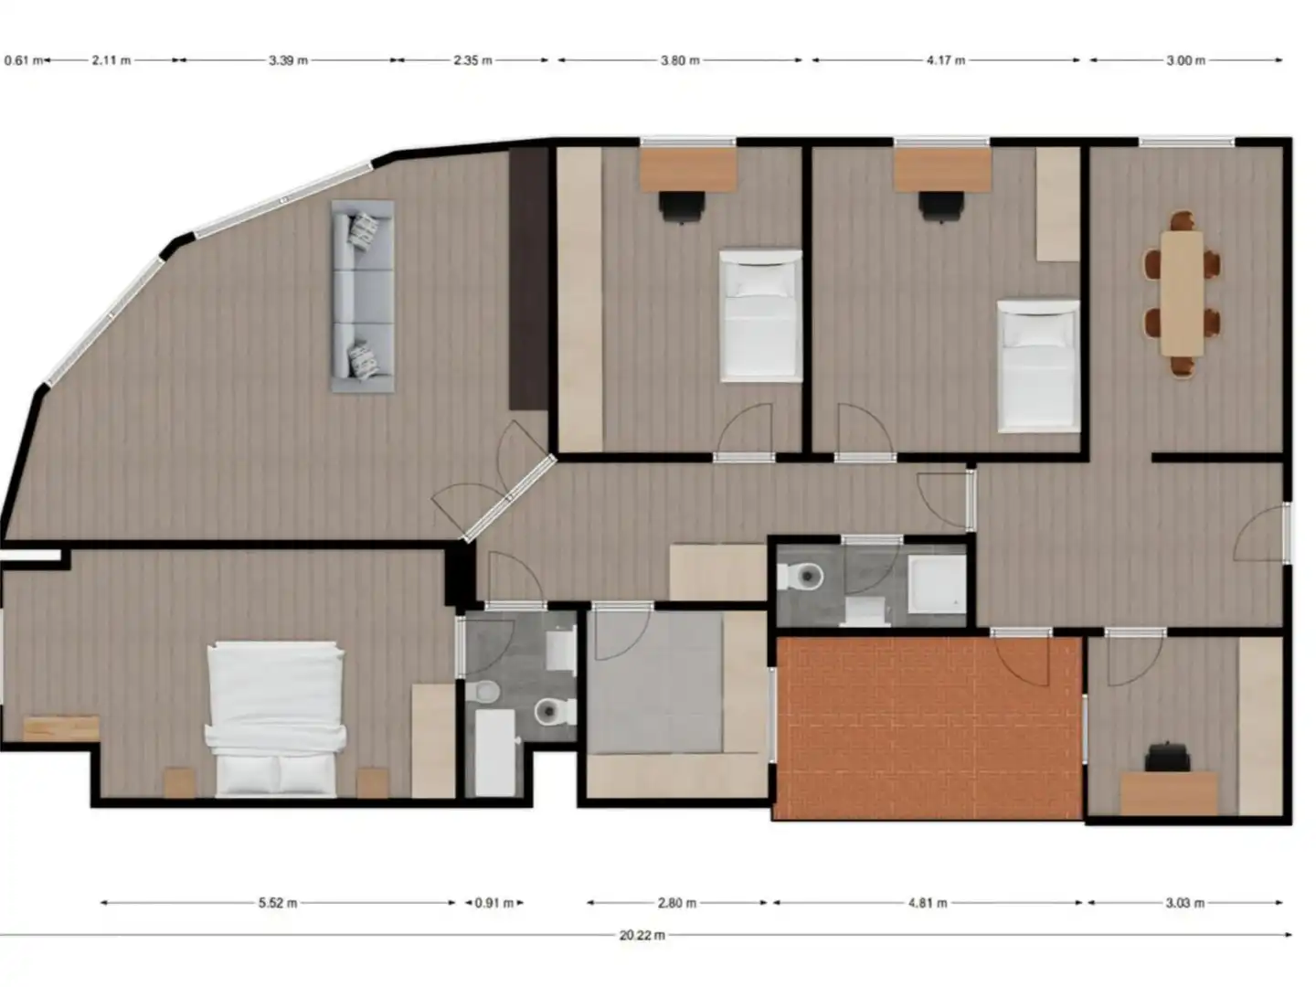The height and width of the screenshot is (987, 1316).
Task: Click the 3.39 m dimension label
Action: click(x=288, y=60)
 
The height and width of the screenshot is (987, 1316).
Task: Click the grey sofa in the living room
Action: click(x=363, y=297)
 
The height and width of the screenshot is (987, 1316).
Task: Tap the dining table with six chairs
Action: click(x=1182, y=293)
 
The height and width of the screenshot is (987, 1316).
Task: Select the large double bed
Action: click(x=275, y=719)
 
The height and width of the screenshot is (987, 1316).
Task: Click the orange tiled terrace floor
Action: click(x=929, y=728)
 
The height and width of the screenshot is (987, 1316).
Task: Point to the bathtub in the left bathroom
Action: click(x=494, y=753)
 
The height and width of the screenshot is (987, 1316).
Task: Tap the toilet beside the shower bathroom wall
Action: click(x=801, y=577)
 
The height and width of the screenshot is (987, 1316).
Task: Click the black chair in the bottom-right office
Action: click(x=1167, y=757)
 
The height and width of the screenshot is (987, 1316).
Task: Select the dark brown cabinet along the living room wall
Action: click(x=528, y=279)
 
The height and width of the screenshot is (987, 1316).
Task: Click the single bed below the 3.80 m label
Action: click(x=760, y=316)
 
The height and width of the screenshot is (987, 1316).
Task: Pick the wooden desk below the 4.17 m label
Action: click(x=942, y=170)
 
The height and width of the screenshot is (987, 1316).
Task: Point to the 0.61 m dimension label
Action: click(x=24, y=60)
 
